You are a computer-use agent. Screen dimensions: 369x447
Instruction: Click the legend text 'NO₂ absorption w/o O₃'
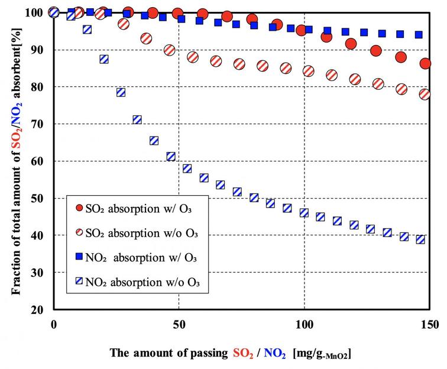[144, 282]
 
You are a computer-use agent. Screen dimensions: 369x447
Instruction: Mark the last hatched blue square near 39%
[420, 239]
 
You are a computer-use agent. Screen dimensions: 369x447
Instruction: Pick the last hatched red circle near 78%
[425, 94]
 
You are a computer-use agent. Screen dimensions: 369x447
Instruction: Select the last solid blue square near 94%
[419, 35]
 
